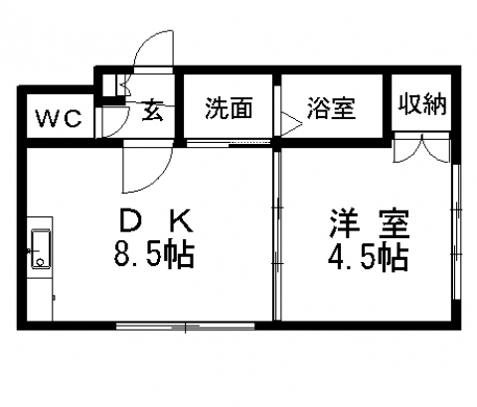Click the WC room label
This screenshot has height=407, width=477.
coord(59,118)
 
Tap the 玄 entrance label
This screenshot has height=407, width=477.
coord(153,110)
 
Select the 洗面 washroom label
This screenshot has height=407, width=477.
coord(229,108)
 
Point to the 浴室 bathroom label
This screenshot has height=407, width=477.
coord(331,108)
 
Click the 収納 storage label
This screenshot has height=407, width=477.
coord(422,104)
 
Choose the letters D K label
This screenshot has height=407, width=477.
coord(156,221)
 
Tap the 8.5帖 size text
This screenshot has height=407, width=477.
coord(154,254)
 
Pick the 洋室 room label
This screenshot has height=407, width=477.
coord(369,223)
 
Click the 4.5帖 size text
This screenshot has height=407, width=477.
coord(368,258)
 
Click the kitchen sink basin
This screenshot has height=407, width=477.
coord(41,249)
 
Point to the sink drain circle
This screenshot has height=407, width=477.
coord(41,263)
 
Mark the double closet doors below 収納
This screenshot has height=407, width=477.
coord(421,148)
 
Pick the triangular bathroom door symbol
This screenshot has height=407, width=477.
coord(291,124)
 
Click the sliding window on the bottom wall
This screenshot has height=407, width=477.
coord(186,326)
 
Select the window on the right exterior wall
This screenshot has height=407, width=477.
coord(456,231)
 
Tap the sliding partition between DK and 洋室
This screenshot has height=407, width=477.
coord(277,235)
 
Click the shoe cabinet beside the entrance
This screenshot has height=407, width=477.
coord(111,85)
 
